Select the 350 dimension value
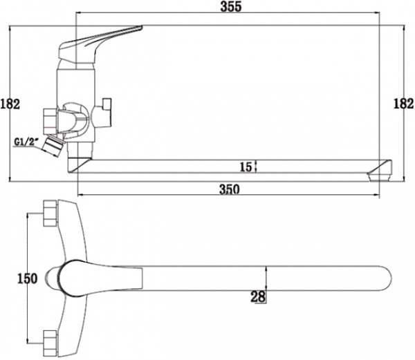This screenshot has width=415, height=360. coord(230,191)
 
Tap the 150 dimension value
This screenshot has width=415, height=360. coord(26,278)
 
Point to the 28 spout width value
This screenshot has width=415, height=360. coord(258,296)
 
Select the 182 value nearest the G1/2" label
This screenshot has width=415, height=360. coord(10,104)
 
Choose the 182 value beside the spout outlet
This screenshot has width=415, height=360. coord(403,104)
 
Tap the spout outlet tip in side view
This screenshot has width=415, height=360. coord(381,169)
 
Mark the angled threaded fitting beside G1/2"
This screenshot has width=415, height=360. coord(50,146)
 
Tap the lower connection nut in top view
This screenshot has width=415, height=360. coord(50,340)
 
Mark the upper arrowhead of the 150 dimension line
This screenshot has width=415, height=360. coord(28,216)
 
